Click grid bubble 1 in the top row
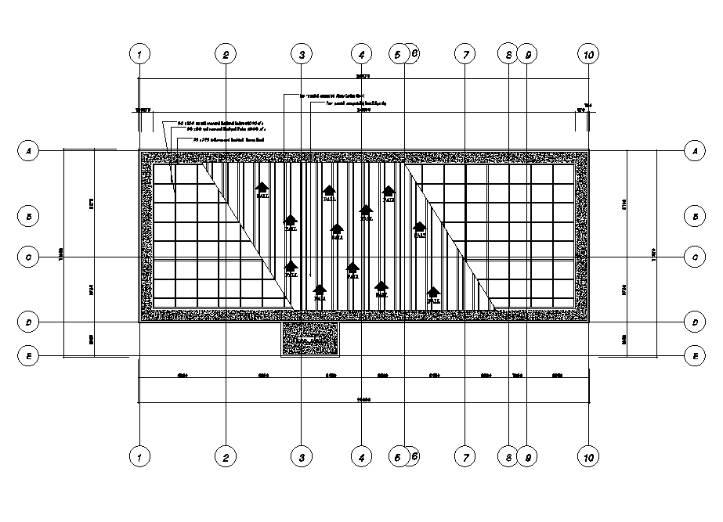click(139, 54)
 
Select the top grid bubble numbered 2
click(225, 54)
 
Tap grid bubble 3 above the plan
click(302, 54)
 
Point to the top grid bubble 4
click(361, 54)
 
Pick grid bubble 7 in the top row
click(465, 54)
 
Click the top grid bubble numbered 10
click(588, 54)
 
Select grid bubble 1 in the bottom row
click(139, 456)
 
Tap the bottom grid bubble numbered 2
click(225, 456)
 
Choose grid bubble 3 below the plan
click(302, 456)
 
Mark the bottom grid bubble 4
click(361, 456)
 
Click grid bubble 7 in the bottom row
click(465, 456)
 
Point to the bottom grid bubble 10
click(588, 456)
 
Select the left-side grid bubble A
click(28, 149)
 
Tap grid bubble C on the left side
click(28, 256)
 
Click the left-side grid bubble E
click(28, 356)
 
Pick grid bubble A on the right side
click(693, 149)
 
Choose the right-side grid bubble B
click(693, 215)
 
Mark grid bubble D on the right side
click(693, 322)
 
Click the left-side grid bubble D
click(28, 322)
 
